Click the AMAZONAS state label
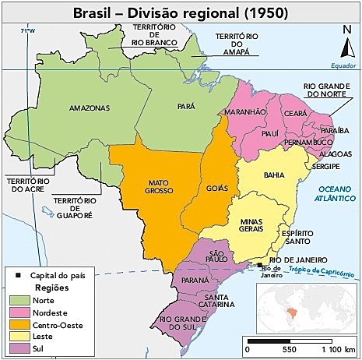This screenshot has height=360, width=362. (84, 107)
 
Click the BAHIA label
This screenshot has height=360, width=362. (275, 175)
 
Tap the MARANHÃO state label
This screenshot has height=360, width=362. (247, 112)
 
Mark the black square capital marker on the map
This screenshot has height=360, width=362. (260, 266)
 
